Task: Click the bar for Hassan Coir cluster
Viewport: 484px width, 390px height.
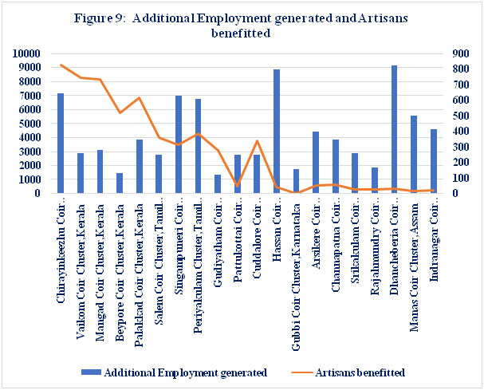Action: coord(277,131)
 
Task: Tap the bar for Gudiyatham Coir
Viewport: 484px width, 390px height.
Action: coord(218,183)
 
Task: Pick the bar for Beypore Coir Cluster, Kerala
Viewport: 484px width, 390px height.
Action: coord(120,183)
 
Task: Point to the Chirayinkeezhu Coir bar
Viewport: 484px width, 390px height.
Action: coord(61,144)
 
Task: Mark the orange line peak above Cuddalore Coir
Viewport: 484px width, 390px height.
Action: coord(257,141)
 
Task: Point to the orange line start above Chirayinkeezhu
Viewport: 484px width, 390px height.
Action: coord(61,65)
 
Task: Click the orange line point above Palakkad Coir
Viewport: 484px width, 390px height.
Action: coord(140,98)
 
